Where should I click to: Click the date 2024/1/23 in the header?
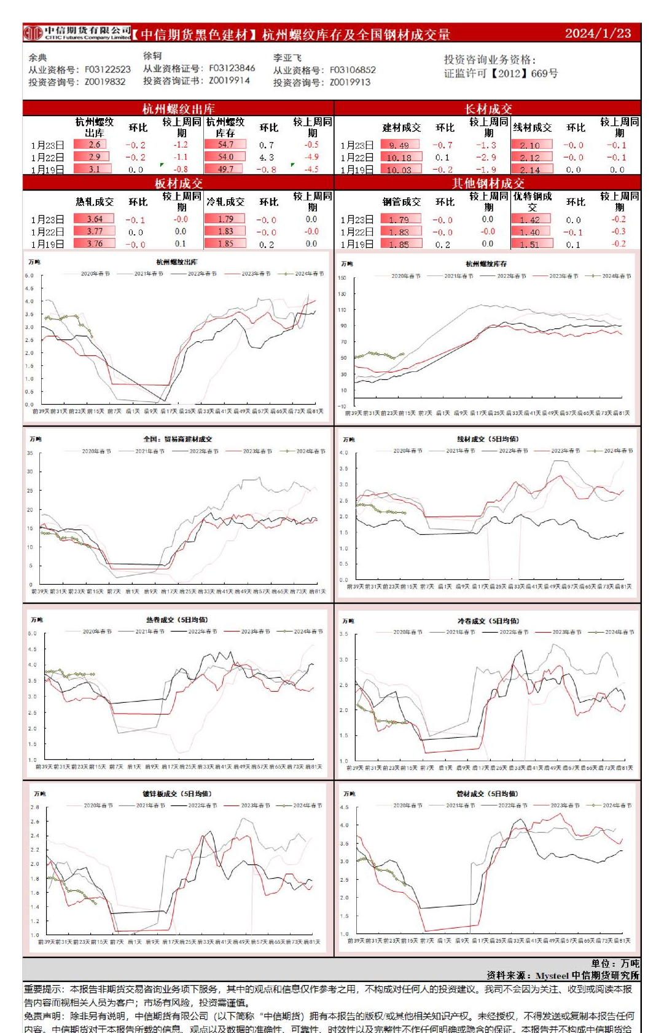(x=598, y=33)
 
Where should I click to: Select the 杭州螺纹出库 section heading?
(x=178, y=109)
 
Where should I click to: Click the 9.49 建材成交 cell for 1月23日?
(x=399, y=146)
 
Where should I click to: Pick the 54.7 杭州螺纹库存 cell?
(x=225, y=144)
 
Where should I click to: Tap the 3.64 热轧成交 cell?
(x=95, y=219)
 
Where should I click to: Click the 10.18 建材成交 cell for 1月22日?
(x=399, y=157)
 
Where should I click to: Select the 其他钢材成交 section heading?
(x=488, y=183)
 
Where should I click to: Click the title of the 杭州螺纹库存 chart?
(x=486, y=264)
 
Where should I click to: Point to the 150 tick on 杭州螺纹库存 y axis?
(x=342, y=278)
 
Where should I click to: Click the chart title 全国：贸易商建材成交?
(x=178, y=439)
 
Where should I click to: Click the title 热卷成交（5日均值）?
(x=177, y=620)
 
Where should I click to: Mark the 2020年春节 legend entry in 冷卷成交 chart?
(x=407, y=632)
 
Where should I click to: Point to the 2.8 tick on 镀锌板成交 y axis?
(x=35, y=807)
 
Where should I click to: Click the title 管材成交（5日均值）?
(x=486, y=794)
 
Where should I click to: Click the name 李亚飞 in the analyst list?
(x=287, y=58)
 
